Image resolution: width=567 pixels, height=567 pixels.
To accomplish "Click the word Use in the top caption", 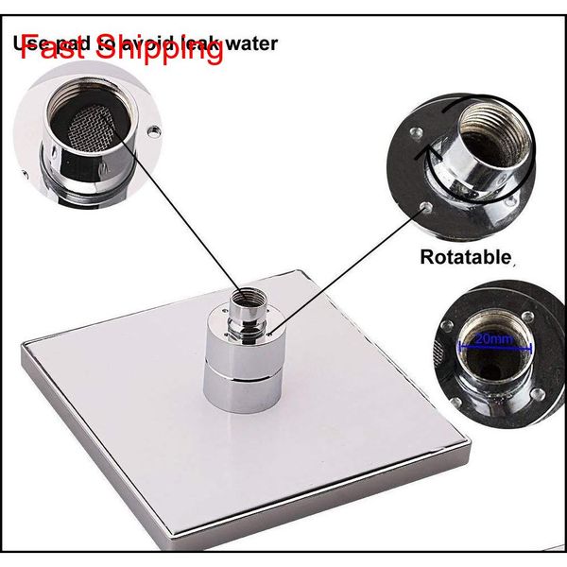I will (29, 43).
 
